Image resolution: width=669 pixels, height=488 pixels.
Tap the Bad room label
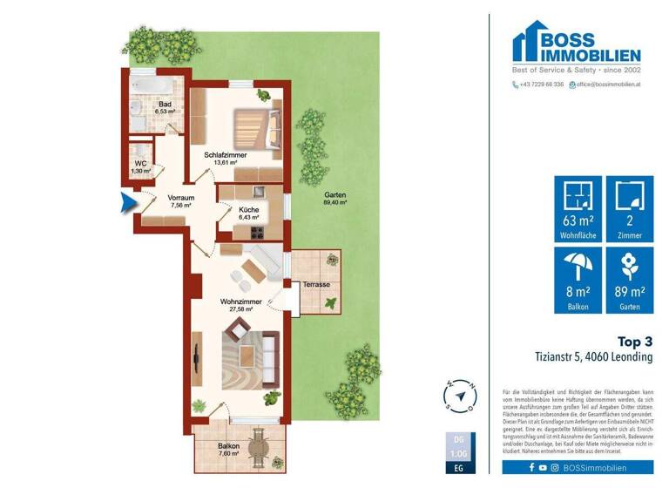click(165, 108)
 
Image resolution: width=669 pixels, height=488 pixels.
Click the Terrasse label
click(317, 285)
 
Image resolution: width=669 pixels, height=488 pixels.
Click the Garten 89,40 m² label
click(334, 198)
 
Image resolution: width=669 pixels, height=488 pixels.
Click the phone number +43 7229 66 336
click(541, 85)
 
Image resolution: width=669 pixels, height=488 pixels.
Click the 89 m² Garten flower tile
click(629, 280)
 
